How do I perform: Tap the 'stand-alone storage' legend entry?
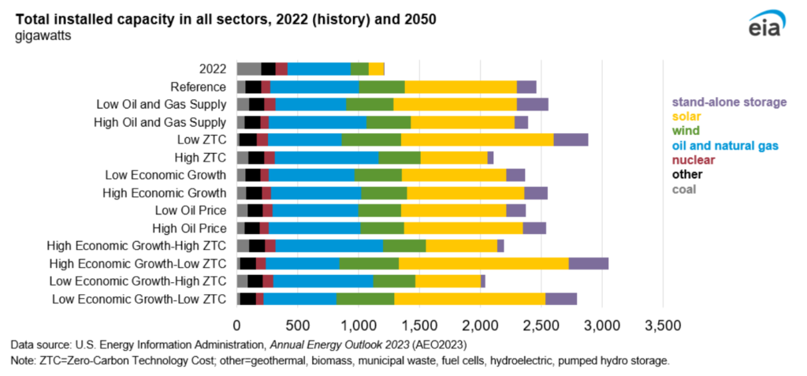729,102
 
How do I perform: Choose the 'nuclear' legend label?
694,159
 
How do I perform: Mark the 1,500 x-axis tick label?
419,325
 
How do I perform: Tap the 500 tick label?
298,325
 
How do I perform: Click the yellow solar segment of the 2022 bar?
376,69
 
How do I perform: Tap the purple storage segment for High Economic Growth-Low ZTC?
588,263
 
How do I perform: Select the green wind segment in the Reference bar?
381,87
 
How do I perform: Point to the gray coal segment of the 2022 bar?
248,69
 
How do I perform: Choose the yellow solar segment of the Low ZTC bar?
477,140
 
